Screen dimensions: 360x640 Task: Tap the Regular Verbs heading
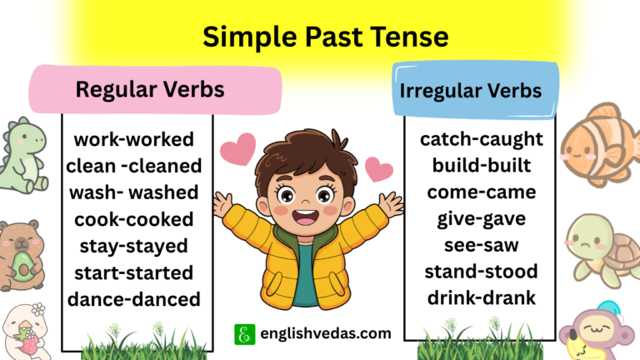tap(150, 88)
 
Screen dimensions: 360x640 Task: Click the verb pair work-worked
tap(133, 138)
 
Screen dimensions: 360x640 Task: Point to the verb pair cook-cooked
tap(133, 219)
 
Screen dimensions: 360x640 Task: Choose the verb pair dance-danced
tap(133, 299)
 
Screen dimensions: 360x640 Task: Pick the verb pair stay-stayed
tap(133, 246)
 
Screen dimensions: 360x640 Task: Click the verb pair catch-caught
tap(481, 138)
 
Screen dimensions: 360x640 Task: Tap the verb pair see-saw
tap(481, 245)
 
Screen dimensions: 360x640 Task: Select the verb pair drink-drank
tap(481, 298)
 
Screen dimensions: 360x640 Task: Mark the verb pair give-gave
tap(481, 218)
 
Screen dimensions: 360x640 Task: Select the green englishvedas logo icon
tap(244, 334)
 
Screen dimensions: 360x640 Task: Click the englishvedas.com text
tap(324, 333)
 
